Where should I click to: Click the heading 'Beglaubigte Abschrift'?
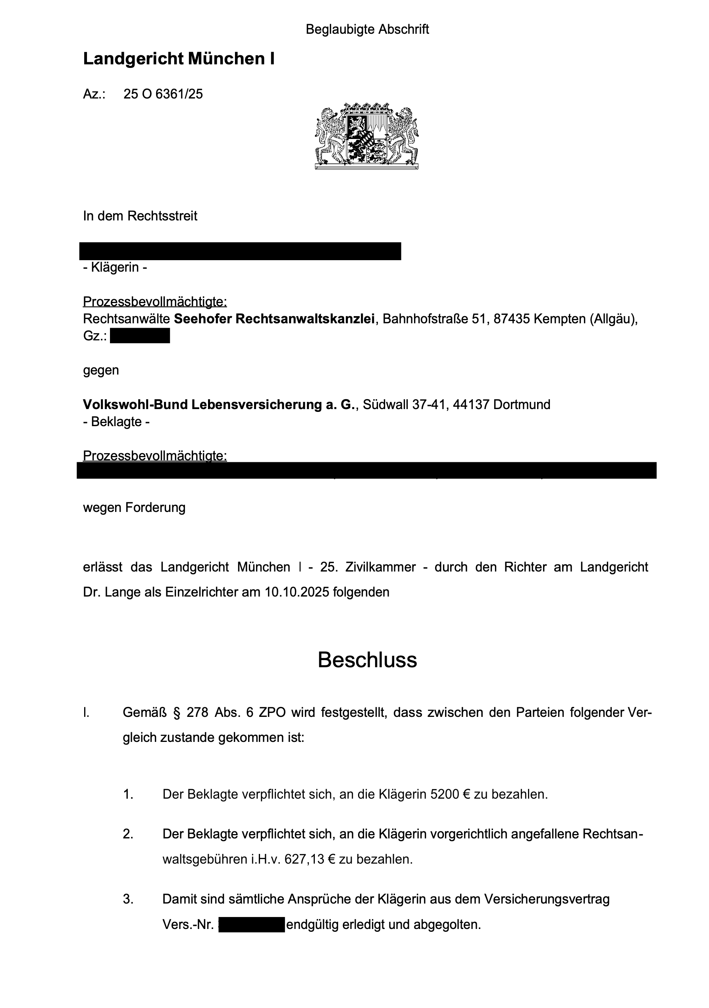367,29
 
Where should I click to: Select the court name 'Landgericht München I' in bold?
179,59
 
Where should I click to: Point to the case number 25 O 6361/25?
163,94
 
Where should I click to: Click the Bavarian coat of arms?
366,136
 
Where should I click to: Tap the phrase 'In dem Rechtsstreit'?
140,216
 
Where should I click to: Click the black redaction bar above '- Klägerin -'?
240,251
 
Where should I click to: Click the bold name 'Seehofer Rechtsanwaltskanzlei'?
274,319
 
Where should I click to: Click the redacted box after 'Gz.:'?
139,336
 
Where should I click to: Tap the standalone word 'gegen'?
101,370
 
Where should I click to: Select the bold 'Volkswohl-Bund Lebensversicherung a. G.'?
218,404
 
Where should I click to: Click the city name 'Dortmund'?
522,404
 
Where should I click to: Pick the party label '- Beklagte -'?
116,422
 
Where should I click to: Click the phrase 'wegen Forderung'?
134,508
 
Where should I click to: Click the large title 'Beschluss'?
367,660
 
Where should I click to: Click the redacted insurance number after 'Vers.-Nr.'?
251,925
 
